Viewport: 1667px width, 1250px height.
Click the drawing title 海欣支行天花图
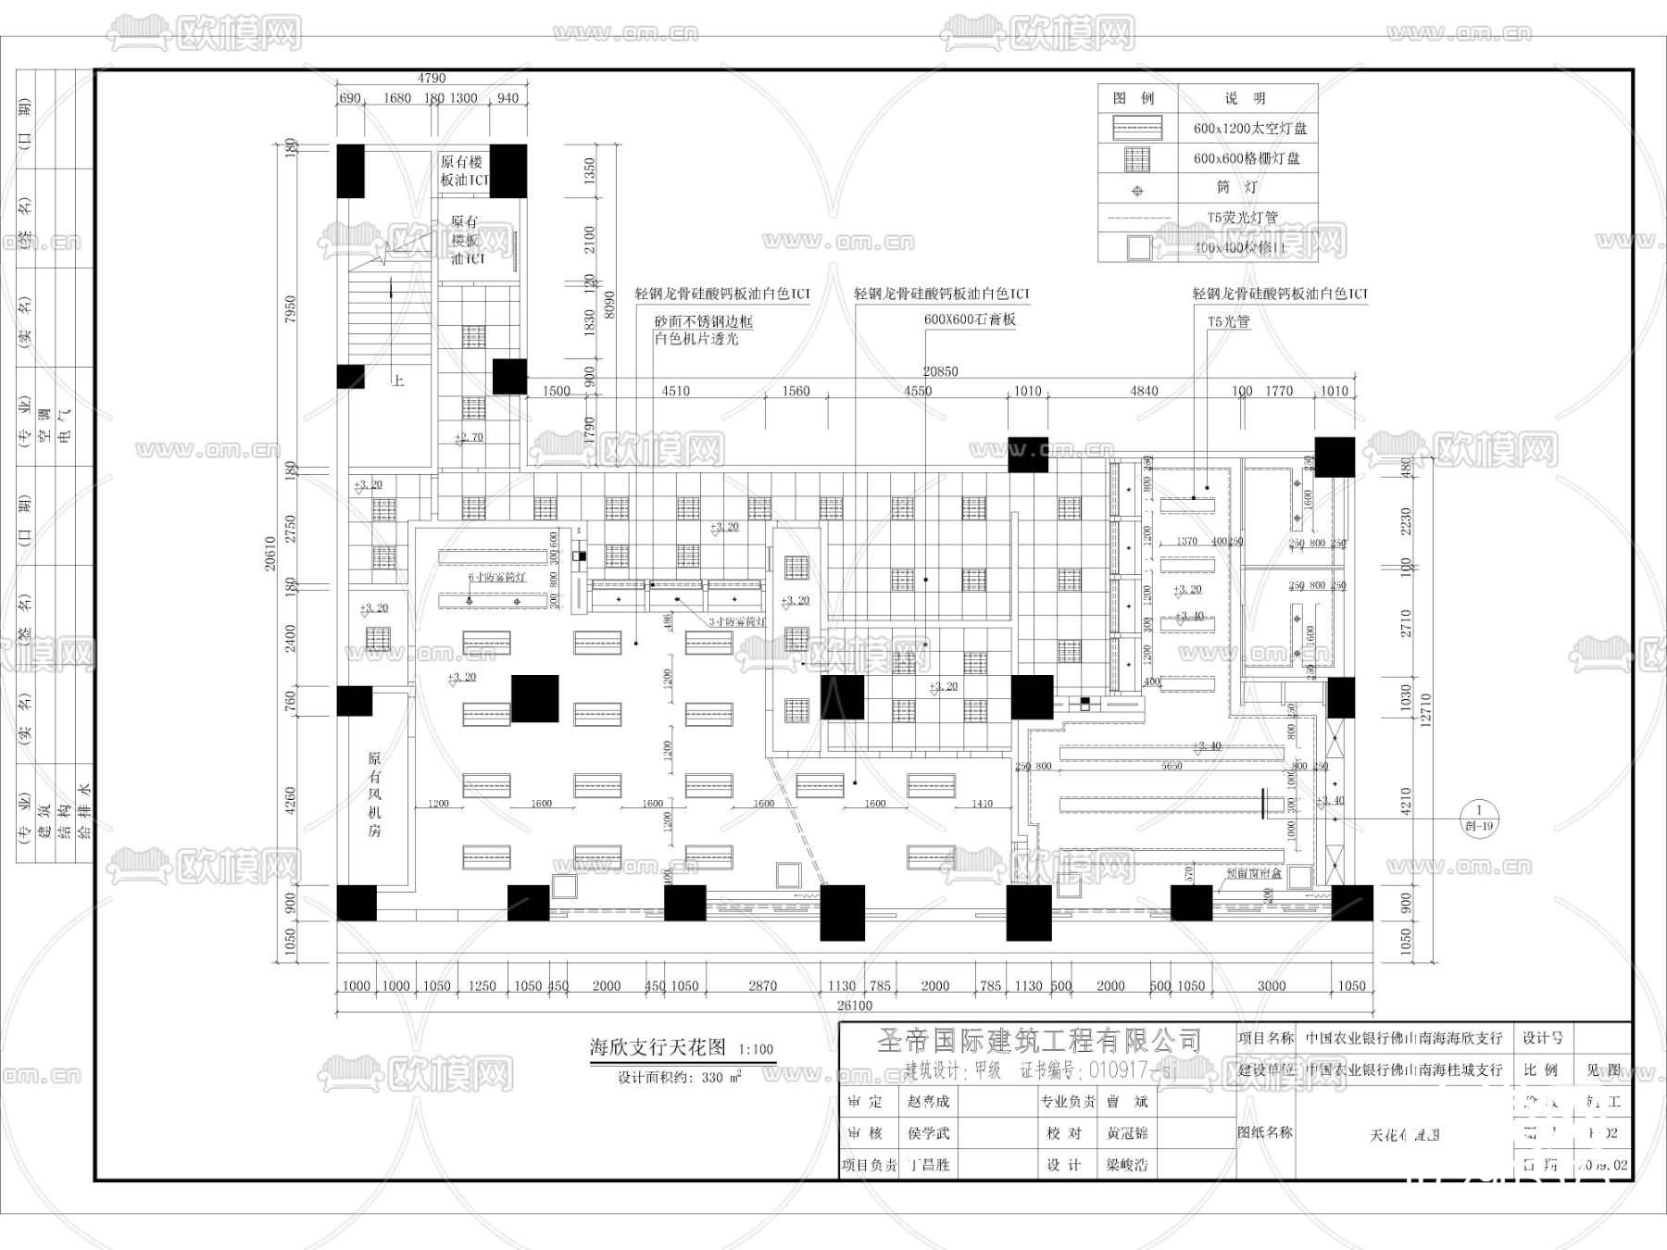[658, 1047]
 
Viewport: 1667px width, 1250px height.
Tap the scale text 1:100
[756, 1050]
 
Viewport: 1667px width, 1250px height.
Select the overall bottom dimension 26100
[854, 1006]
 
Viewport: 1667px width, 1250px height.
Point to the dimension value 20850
[940, 371]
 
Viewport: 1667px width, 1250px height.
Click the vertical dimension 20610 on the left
[270, 553]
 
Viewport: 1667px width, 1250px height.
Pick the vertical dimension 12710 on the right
[1425, 709]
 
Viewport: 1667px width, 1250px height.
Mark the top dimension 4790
[432, 79]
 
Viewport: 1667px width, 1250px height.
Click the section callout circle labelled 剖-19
[1479, 818]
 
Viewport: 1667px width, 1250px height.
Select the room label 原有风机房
[374, 794]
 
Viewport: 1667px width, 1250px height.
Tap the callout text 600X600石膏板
[970, 319]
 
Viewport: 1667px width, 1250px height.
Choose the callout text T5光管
[1229, 321]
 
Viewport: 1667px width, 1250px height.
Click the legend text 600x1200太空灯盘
[1249, 129]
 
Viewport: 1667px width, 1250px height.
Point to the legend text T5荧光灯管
[1242, 218]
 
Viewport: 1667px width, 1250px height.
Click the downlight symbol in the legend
[1137, 191]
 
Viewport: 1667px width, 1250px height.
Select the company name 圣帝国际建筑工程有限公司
[1039, 1041]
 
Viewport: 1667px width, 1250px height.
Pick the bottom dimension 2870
[763, 986]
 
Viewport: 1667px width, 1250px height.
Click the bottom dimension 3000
[1272, 986]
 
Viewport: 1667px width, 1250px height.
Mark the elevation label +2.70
[470, 437]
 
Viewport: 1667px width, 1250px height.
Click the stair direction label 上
[397, 381]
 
